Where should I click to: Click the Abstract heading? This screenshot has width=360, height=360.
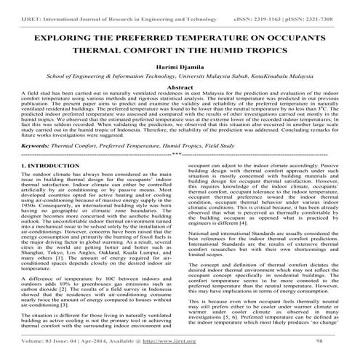(x=180, y=87)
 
